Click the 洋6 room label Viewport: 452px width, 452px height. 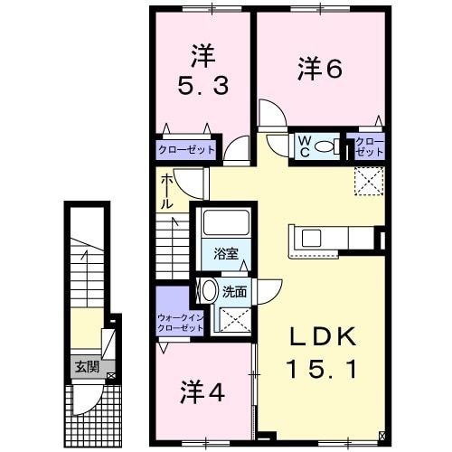(x=321, y=69)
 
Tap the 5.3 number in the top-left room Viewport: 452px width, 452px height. (x=201, y=87)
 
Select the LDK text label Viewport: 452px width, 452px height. (x=322, y=338)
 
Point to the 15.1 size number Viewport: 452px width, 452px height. (x=322, y=368)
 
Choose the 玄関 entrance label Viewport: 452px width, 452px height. (x=87, y=367)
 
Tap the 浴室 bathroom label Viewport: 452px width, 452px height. (x=226, y=253)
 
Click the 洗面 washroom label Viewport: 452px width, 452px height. (x=235, y=291)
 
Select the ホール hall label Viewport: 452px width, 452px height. (x=169, y=192)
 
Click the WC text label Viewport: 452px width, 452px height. (x=306, y=146)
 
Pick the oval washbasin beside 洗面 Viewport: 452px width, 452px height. (x=208, y=291)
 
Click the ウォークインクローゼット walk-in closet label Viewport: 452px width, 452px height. (x=181, y=323)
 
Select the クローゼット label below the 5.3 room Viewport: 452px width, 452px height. (x=187, y=150)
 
